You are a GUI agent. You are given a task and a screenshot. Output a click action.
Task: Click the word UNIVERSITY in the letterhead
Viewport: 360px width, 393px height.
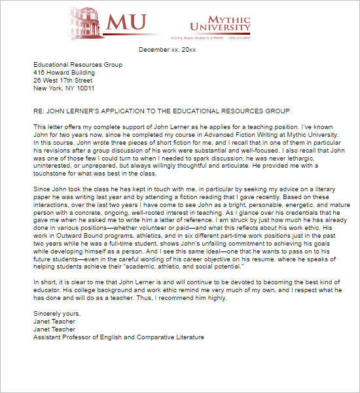point(220,27)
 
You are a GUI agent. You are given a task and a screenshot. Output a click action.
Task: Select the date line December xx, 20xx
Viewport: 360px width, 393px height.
point(171,50)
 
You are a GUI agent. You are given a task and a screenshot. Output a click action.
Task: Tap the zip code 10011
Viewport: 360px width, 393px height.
point(85,88)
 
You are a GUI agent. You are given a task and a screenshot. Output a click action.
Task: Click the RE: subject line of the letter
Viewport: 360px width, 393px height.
point(161,111)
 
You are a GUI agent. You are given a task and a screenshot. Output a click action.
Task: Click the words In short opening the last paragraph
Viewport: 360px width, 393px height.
point(46,284)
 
